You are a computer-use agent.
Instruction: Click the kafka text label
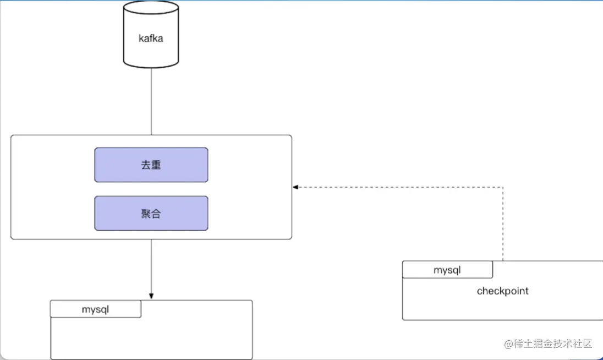[151, 39]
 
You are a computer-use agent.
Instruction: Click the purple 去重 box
[151, 165]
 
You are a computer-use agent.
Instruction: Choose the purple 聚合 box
[151, 213]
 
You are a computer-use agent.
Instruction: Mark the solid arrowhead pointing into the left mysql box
[151, 296]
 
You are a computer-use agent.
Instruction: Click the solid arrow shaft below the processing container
[151, 267]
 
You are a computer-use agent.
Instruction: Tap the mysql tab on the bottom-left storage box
[96, 309]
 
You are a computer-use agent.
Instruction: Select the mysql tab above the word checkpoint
[447, 270]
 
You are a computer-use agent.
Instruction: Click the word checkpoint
[502, 291]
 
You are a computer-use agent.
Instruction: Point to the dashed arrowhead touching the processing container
[295, 187]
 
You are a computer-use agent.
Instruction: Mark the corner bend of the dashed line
[503, 187]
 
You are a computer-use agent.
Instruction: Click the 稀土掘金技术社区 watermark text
[553, 344]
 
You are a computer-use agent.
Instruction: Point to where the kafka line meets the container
[151, 135]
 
